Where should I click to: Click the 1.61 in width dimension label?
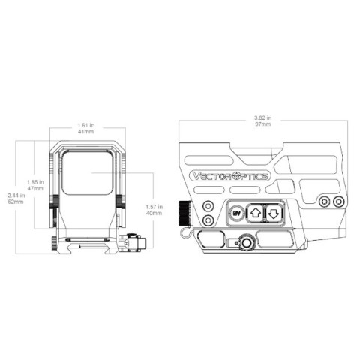click(86, 125)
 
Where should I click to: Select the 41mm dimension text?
click(86, 132)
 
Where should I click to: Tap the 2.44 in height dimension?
click(16, 196)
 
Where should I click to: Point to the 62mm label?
click(16, 202)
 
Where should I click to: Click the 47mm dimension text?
click(35, 188)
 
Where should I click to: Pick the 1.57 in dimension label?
click(154, 207)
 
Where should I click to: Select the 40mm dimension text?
click(154, 213)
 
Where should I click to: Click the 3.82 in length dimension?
click(263, 118)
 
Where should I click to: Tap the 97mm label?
click(263, 124)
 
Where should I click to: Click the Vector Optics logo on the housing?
click(230, 176)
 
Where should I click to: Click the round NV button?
click(236, 214)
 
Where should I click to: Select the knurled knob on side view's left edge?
click(184, 214)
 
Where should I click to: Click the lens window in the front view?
click(87, 172)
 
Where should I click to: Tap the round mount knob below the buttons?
click(247, 241)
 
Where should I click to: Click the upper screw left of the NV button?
click(208, 206)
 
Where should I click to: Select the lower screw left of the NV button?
click(208, 220)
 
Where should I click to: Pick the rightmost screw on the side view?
click(338, 202)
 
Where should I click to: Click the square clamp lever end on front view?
click(142, 242)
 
